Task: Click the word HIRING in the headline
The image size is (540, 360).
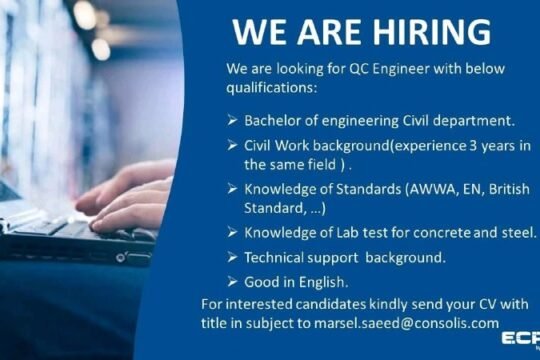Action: point(432,32)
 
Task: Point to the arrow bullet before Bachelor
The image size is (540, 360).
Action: point(232,121)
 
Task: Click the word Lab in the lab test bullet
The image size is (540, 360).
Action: point(347,233)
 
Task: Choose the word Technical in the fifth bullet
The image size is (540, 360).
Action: point(274,258)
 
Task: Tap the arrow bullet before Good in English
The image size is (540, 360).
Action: point(232,282)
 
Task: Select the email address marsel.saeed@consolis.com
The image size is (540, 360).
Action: point(406,323)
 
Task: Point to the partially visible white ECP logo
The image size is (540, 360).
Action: point(521,339)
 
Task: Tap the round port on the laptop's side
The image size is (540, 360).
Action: point(120,258)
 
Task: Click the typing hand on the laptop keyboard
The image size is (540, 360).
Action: point(126,200)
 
